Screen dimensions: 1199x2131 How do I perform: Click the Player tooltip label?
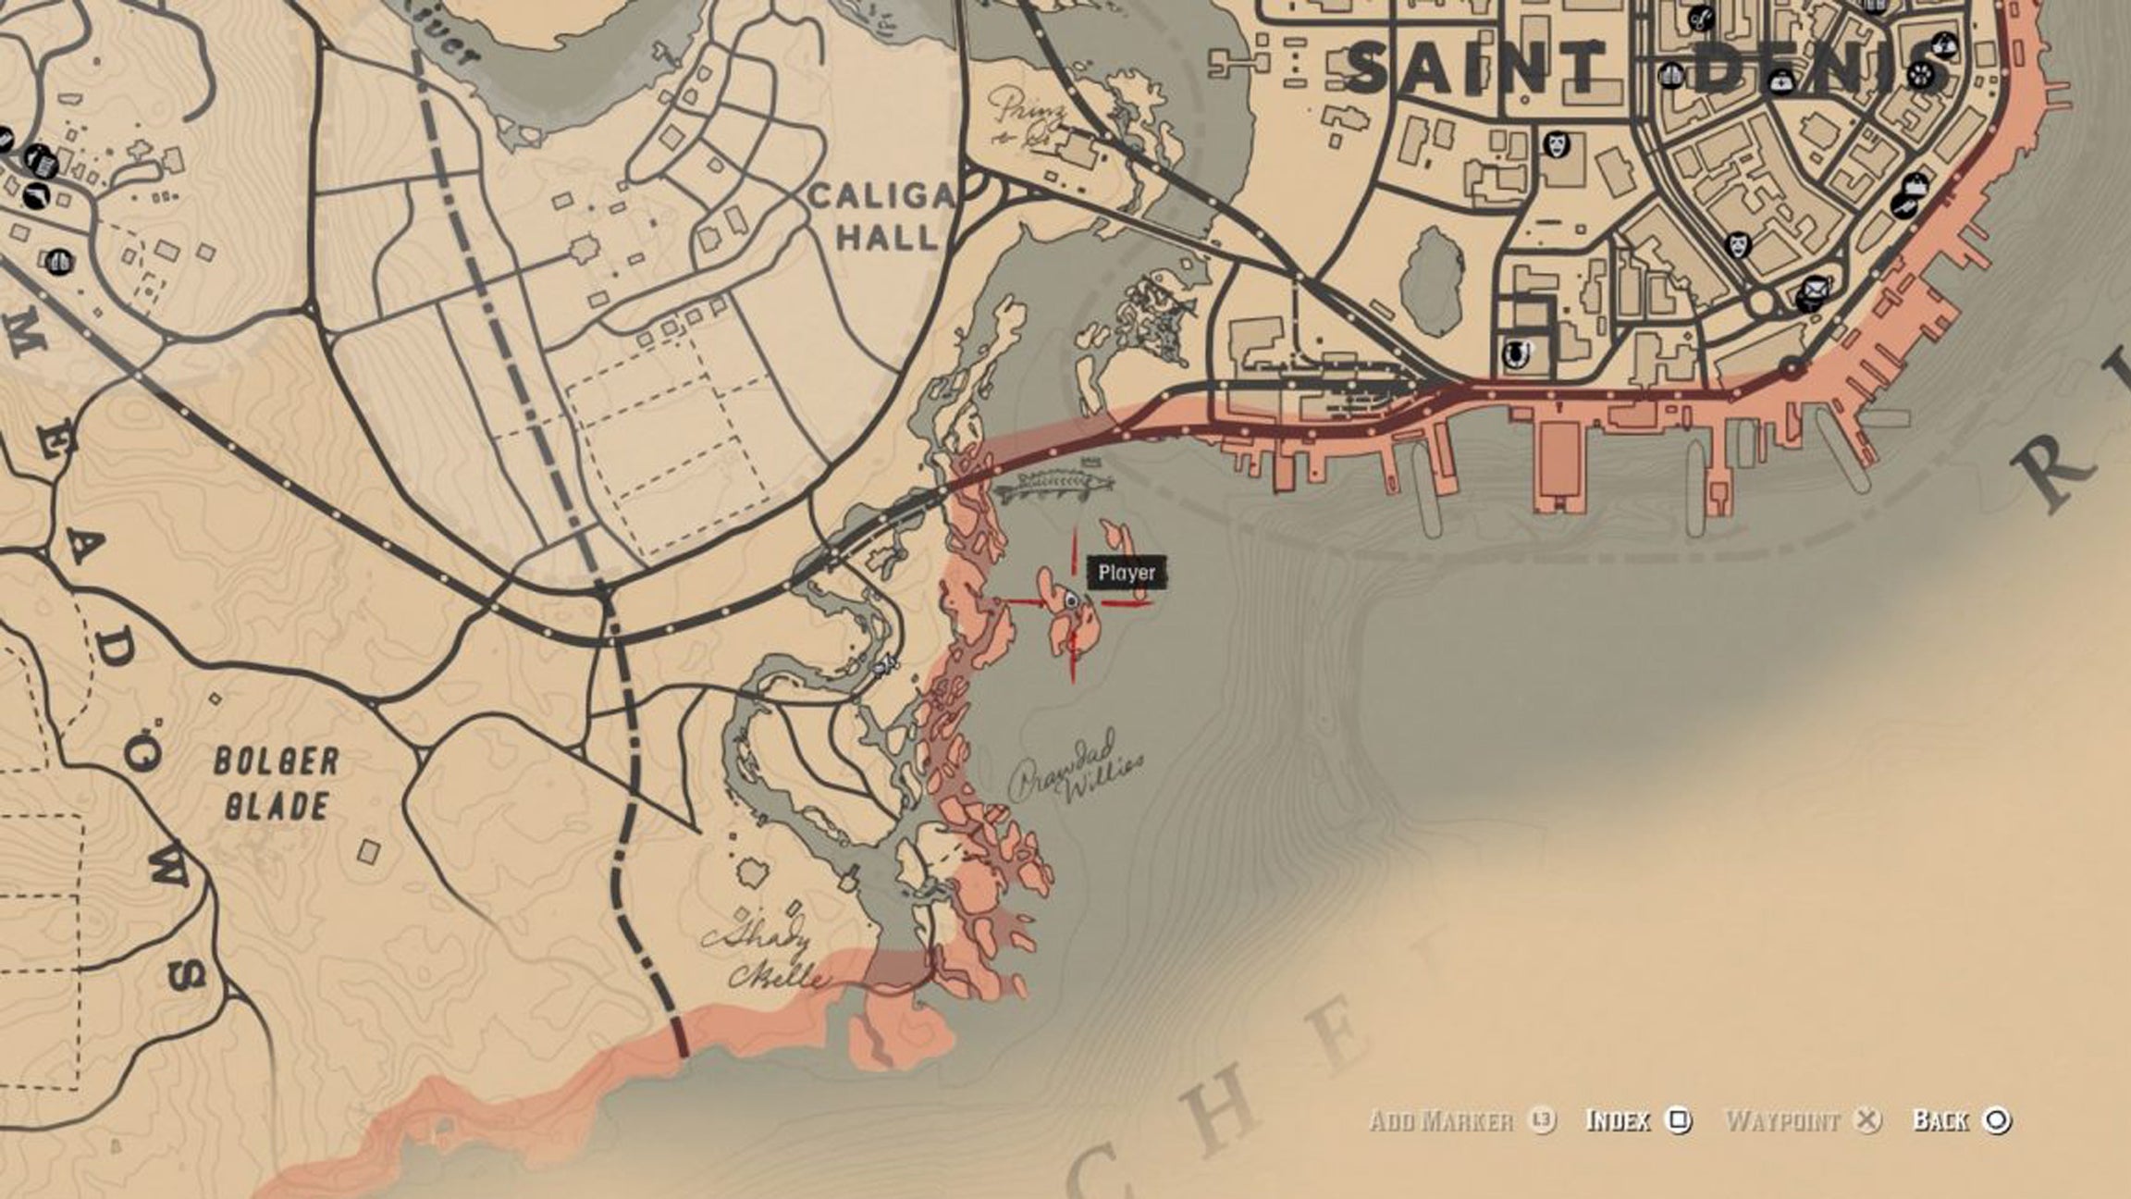(1127, 573)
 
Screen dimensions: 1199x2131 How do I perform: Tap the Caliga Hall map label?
(881, 216)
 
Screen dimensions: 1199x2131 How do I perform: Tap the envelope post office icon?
(1811, 294)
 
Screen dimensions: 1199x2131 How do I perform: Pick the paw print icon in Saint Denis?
(1922, 74)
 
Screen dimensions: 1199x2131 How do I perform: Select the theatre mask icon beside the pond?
(1554, 144)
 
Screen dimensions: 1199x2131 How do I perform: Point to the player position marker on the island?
(1071, 600)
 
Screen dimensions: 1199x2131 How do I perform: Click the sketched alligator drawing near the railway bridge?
(1053, 484)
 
